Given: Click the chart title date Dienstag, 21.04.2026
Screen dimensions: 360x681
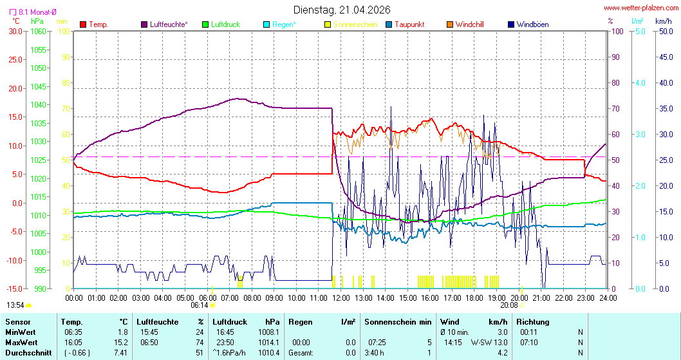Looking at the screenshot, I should tap(340, 10).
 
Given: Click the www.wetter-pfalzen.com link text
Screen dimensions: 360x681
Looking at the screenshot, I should tap(641, 8).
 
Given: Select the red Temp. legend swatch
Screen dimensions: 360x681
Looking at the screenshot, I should tap(83, 24).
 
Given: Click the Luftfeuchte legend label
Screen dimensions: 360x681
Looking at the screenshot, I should tap(169, 24).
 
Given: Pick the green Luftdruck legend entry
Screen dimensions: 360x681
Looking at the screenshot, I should tap(205, 24).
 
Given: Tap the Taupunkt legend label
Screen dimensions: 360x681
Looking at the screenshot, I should tap(409, 24).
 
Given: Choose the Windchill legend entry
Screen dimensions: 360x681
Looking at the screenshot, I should tap(469, 24).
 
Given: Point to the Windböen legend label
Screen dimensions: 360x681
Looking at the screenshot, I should tap(532, 24).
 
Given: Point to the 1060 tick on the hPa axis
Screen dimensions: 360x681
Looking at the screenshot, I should tap(39, 31).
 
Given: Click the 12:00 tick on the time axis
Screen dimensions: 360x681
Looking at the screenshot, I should tap(341, 298).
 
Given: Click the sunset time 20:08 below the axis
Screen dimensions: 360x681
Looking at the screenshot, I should tap(509, 305).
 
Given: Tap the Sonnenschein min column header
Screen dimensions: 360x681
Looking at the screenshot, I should tap(398, 321).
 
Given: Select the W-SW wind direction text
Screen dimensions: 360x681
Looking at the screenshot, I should tap(480, 342).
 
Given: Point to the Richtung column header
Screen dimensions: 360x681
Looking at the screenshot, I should tap(533, 321).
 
